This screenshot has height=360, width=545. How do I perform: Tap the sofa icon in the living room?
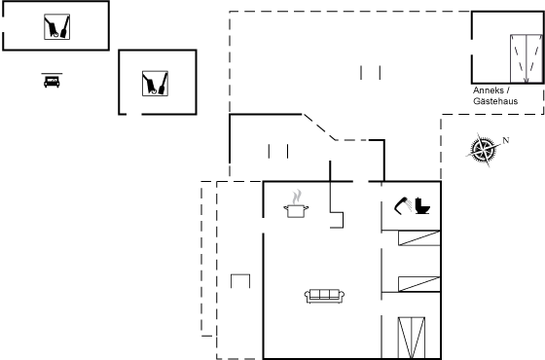click(325, 296)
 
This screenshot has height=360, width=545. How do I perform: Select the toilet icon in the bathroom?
click(422, 205)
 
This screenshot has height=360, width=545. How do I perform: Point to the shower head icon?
click(403, 205)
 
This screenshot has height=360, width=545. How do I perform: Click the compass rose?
click(483, 150)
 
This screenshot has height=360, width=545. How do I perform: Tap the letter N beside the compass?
click(506, 140)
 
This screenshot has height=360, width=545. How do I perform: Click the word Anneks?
click(489, 90)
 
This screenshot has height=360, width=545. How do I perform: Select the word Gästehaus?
click(495, 101)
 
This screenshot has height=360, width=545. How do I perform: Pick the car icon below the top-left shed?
click(52, 81)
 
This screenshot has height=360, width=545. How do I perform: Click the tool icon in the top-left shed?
click(57, 27)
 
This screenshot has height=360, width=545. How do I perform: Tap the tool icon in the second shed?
click(155, 84)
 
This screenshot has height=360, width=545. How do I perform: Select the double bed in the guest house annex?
click(527, 58)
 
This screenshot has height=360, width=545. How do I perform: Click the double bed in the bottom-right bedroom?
click(411, 338)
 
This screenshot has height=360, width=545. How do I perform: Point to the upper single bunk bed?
click(419, 238)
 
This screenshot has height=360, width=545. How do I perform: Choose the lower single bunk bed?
click(419, 284)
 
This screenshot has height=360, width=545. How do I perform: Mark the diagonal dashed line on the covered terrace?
click(320, 127)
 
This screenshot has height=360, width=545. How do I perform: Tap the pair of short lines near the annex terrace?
click(371, 73)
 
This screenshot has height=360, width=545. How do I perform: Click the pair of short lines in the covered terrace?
click(278, 151)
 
